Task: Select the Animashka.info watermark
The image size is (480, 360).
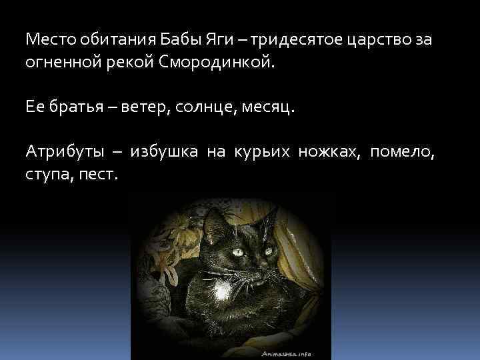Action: [287, 355]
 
